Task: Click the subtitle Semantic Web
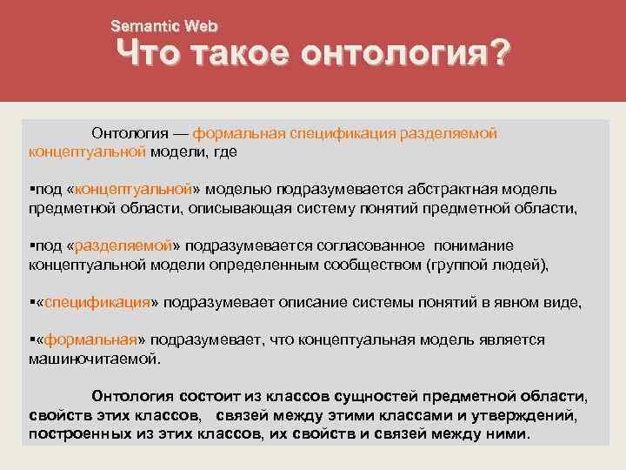click(164, 27)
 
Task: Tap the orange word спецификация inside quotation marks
click(97, 302)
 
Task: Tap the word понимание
click(475, 245)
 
